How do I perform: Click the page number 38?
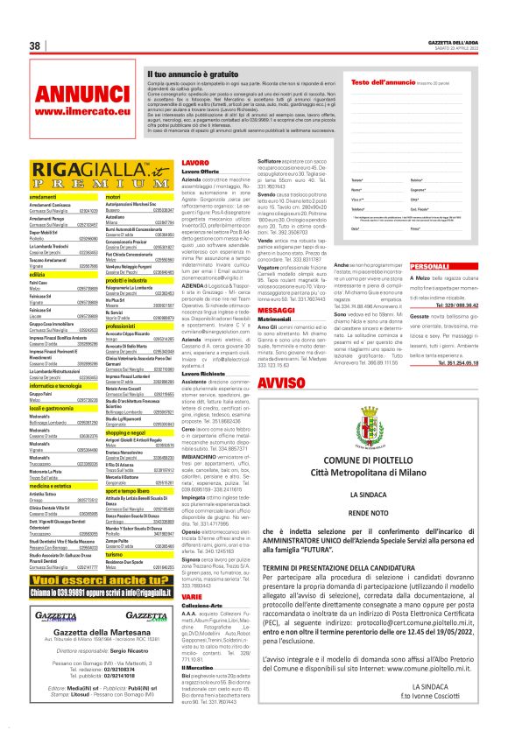(37, 46)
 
